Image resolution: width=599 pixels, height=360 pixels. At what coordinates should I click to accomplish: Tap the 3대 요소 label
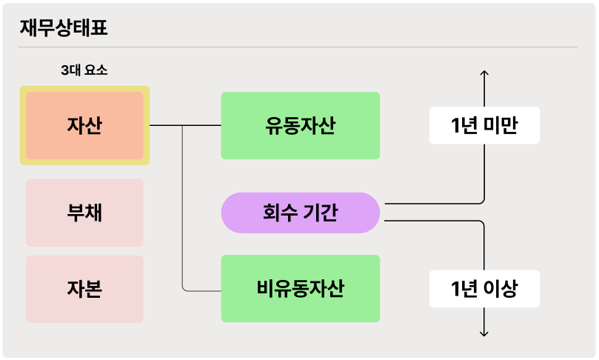click(x=84, y=71)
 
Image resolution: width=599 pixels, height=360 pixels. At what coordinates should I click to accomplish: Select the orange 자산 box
click(x=84, y=125)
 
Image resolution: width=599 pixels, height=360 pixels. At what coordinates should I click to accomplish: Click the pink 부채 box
click(x=84, y=213)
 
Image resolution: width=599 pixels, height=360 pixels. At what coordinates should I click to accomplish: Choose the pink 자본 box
click(x=84, y=289)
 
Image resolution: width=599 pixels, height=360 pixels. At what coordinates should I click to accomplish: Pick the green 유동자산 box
click(x=300, y=125)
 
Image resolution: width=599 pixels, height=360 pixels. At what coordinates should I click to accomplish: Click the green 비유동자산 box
click(x=300, y=288)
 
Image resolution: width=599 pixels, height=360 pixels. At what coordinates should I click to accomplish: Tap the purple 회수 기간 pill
click(x=300, y=213)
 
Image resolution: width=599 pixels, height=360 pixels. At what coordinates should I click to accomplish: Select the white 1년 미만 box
click(x=484, y=126)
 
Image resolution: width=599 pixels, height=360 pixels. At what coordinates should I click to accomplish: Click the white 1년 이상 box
click(x=484, y=289)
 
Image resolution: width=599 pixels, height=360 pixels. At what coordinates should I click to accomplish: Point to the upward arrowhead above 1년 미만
click(x=484, y=73)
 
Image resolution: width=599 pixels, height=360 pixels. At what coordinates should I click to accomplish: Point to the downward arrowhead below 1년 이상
click(x=484, y=333)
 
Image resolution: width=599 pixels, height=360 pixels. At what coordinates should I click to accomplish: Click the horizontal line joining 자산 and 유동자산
click(x=185, y=126)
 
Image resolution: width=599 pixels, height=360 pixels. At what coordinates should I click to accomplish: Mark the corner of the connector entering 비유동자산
click(x=184, y=289)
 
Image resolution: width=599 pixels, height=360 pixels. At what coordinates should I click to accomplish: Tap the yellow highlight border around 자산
click(x=22, y=125)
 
